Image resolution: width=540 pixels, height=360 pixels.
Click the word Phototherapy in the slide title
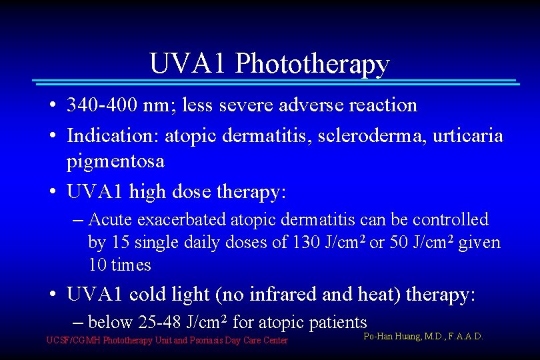click(x=312, y=65)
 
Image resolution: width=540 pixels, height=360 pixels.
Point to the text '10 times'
click(x=119, y=265)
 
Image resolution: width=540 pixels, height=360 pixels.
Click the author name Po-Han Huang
click(x=393, y=337)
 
